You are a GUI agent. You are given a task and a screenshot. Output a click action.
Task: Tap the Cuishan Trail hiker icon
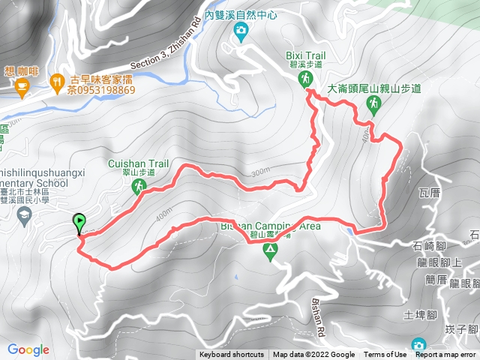click(x=139, y=186)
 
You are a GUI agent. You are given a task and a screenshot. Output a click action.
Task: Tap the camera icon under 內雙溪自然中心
click(x=241, y=31)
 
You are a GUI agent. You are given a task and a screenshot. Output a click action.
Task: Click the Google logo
click(x=28, y=349)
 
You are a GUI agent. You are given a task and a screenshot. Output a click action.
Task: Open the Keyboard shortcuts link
click(x=232, y=355)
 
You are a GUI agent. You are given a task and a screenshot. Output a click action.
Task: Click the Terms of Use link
click(x=384, y=355)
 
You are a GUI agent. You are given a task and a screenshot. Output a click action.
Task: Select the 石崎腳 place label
click(x=429, y=244)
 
